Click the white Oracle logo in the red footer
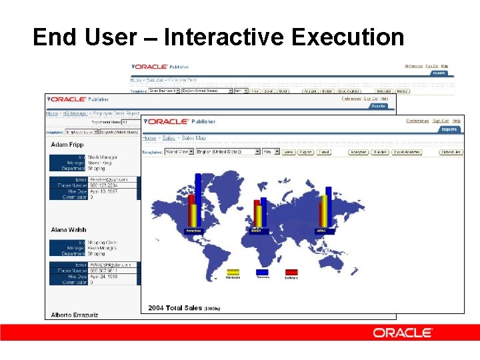[x=402, y=332]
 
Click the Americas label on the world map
[x=193, y=231]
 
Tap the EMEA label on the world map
[x=257, y=231]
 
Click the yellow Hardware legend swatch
[x=233, y=272]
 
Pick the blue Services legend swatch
[x=262, y=272]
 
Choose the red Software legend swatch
[x=291, y=272]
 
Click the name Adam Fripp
[x=67, y=145]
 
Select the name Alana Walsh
[x=68, y=230]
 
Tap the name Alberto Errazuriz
[x=75, y=315]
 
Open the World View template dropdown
[x=179, y=152]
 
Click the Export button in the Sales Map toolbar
[x=305, y=152]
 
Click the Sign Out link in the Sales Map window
[x=440, y=121]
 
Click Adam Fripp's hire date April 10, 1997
[x=103, y=191]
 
